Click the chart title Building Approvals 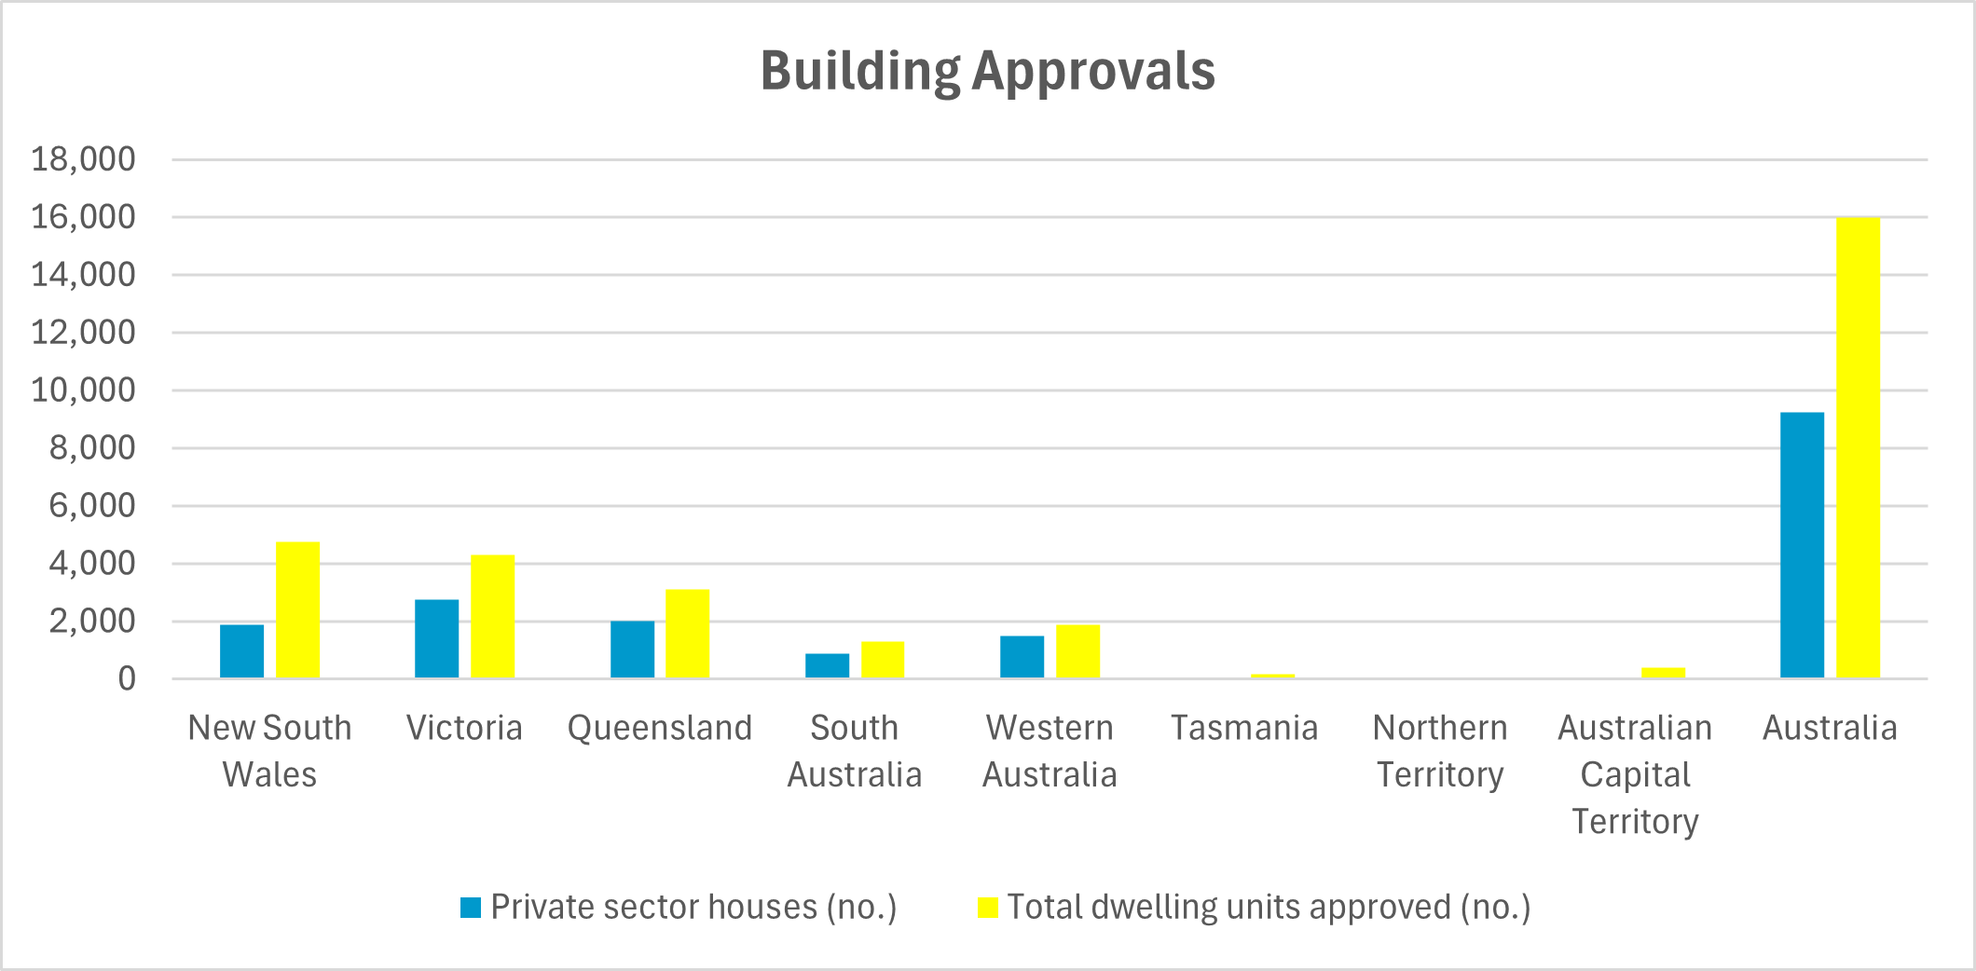(987, 71)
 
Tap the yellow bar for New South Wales (297, 609)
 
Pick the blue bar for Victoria (436, 638)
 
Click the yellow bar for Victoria (492, 616)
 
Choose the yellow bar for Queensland (687, 634)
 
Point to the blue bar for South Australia (827, 665)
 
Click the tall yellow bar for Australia (1858, 447)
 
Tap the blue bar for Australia (1802, 545)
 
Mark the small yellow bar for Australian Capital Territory (1663, 673)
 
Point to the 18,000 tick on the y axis (84, 159)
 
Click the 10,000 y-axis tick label (84, 390)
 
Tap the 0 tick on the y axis (127, 679)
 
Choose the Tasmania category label (1244, 728)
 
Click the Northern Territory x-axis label (1440, 751)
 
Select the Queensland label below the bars (660, 728)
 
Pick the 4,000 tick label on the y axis (91, 564)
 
